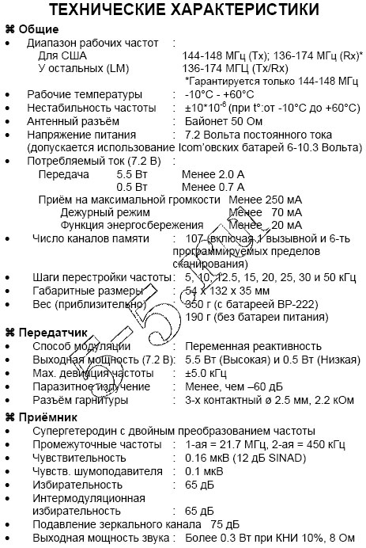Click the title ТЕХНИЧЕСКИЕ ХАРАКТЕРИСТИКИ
click(183, 10)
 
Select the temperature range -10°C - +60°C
click(225, 93)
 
